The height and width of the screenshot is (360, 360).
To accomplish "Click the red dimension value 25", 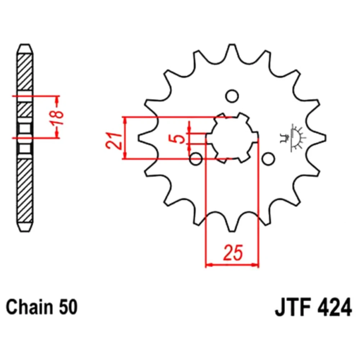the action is pos(233,253).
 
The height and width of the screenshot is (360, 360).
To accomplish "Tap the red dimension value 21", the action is pos(114,140).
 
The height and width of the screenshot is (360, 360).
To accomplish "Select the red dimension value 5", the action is pos(180,139).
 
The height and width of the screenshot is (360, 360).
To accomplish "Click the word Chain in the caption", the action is pos(29,307).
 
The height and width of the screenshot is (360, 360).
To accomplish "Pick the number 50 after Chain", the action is pos(68,307).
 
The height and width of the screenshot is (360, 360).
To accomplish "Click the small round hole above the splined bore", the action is pos(232,96).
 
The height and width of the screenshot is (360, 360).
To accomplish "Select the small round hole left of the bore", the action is pos(196,159).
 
